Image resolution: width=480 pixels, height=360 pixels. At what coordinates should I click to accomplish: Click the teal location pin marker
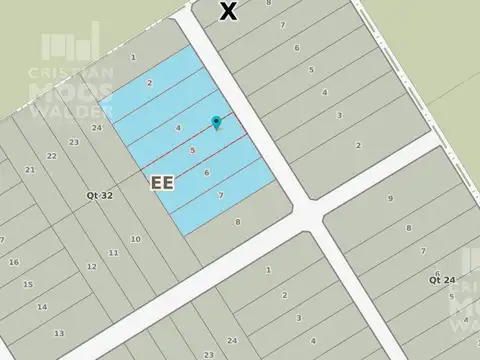(216, 123)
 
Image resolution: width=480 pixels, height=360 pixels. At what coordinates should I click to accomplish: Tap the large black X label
(229, 11)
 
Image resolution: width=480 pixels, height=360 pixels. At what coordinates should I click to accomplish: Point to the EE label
(161, 183)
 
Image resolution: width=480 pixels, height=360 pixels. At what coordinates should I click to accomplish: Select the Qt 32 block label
(99, 196)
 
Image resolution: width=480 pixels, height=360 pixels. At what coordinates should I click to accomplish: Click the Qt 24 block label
(441, 276)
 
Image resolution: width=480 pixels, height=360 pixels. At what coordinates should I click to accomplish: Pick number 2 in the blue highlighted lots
(149, 83)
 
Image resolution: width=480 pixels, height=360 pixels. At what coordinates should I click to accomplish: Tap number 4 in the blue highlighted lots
(178, 128)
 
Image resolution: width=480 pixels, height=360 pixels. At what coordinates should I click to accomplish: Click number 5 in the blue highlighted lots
(192, 151)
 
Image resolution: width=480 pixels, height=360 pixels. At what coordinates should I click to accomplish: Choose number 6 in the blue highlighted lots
(206, 173)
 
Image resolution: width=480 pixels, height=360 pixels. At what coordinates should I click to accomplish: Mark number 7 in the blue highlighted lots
(220, 195)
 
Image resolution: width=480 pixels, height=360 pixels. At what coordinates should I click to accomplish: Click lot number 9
(389, 198)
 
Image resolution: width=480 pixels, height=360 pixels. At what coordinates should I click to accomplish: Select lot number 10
(135, 240)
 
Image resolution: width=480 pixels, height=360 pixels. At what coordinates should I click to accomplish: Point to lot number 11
(113, 253)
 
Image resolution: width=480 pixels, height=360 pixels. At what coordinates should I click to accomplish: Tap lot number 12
(91, 266)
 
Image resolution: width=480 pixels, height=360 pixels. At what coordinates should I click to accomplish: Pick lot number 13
(60, 332)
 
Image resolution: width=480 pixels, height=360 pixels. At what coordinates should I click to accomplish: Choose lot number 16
(14, 262)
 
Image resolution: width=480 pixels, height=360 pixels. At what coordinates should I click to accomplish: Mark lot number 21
(30, 170)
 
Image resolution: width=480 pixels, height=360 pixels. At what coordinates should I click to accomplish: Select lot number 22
(52, 155)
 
